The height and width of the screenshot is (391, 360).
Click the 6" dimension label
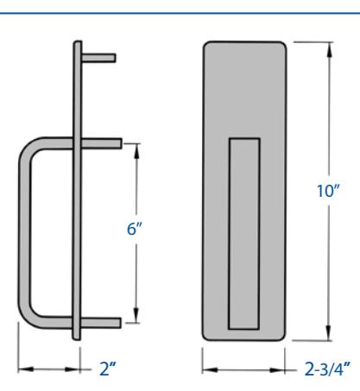coord(135,229)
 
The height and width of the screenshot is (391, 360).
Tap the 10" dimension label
coord(328,191)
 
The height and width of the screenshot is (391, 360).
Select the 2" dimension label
coord(108,369)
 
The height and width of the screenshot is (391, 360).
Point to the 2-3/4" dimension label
coord(327,369)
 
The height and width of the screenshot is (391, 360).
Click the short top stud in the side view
coord(98,58)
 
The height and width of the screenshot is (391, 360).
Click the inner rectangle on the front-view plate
coord(244,234)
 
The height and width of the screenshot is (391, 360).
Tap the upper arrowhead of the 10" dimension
coord(329,49)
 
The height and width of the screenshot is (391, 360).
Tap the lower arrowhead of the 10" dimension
coord(328,333)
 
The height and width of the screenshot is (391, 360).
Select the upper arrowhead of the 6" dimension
coord(136,151)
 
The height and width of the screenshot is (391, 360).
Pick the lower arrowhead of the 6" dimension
coord(136,315)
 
